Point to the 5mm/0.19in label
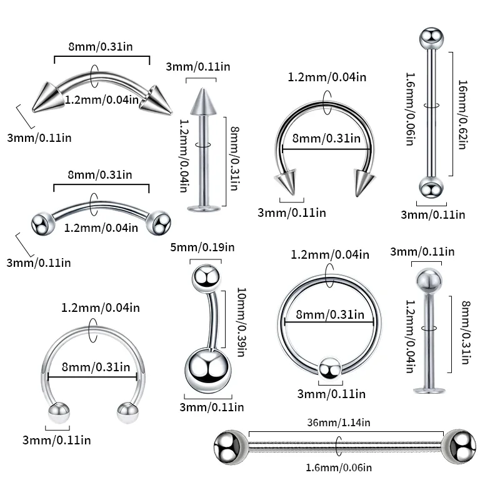(x=202, y=249)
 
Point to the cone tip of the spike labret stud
(x=201, y=99)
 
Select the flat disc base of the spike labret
(x=201, y=207)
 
